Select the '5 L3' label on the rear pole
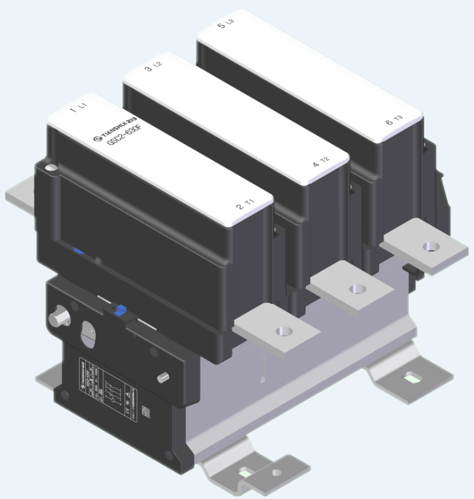point(226,25)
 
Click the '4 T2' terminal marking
point(321,162)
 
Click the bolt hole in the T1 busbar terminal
point(282,331)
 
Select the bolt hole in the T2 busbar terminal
point(355,288)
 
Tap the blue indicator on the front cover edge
point(77,250)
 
